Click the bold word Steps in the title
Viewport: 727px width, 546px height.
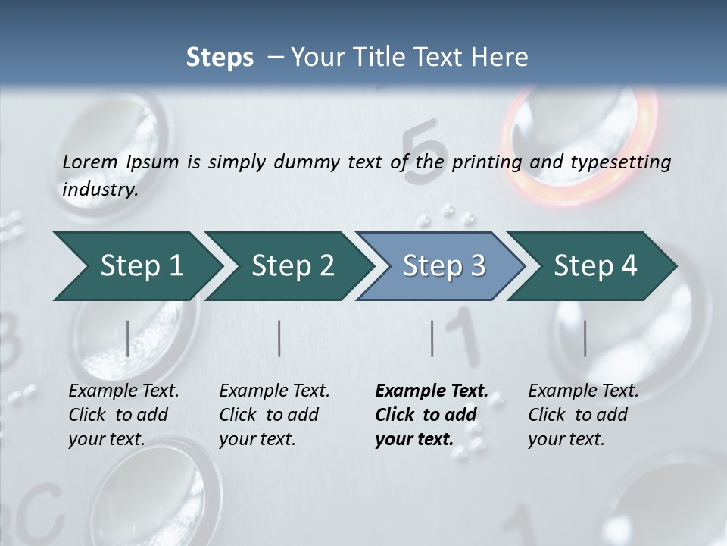220,58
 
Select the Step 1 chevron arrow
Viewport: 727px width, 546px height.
136,266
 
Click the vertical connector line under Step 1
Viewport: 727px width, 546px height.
128,338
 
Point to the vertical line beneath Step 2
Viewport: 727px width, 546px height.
279,338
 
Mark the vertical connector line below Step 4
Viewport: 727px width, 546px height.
585,338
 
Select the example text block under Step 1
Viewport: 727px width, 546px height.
123,414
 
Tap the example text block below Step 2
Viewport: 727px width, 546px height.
274,414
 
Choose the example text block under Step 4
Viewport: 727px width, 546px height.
583,414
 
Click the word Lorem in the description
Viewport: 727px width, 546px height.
90,162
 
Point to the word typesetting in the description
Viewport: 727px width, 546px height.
623,162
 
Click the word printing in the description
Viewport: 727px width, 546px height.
486,162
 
